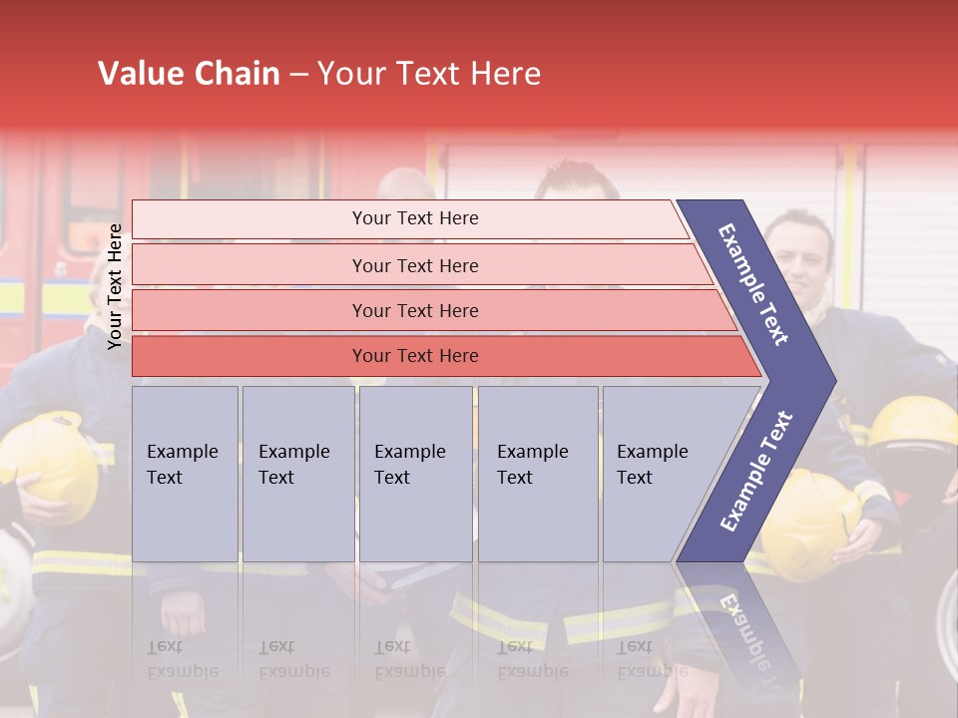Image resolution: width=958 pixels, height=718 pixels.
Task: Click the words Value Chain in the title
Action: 189,74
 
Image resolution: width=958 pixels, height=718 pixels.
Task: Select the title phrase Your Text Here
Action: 429,74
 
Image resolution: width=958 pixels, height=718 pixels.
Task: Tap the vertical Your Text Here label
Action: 115,286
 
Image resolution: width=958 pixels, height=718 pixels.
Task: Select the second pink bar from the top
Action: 414,265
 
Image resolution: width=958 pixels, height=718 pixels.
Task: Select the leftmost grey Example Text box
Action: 185,474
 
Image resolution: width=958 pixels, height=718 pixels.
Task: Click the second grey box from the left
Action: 297,474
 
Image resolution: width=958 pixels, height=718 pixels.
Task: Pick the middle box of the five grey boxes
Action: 415,474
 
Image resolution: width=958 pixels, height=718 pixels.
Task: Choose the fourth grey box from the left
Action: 537,474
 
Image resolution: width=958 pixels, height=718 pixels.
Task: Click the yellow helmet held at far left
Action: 55,464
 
